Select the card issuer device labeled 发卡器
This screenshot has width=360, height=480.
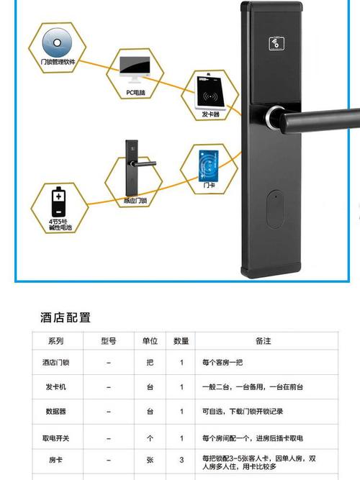pos(212,92)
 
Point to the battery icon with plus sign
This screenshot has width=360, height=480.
pos(58,199)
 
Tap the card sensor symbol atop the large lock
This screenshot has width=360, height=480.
pos(277,42)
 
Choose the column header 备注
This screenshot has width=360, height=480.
pos(263,341)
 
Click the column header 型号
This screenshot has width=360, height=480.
pos(109,341)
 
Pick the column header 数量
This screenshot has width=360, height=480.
pos(181,341)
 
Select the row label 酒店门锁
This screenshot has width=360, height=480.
pos(55,363)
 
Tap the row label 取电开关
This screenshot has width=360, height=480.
pos(55,438)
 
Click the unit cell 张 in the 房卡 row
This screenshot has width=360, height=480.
pos(150,458)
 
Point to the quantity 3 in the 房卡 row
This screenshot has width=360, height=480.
pos(181,458)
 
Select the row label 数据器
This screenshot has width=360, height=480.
pos(55,412)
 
